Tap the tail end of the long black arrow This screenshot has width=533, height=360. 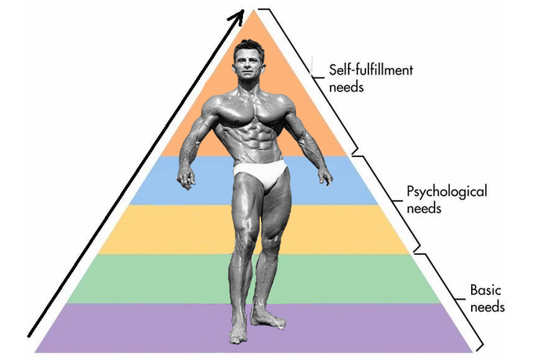click(x=30, y=334)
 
